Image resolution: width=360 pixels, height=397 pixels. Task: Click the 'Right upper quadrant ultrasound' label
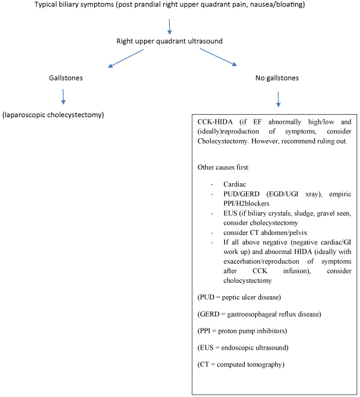(169, 41)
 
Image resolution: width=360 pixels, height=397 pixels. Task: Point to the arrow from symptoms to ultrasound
(170, 26)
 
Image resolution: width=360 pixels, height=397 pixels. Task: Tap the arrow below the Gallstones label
(63, 96)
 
